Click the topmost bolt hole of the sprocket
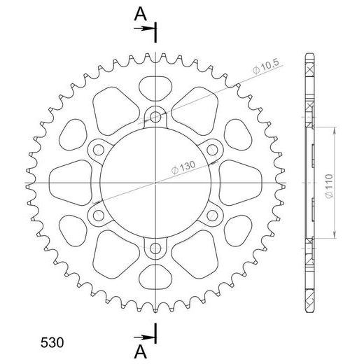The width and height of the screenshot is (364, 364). [155, 116]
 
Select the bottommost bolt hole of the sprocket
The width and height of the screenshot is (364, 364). [155, 248]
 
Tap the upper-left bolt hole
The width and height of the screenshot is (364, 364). [98, 148]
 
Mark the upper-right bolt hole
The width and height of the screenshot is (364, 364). [212, 148]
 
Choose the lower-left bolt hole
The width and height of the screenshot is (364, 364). [98, 214]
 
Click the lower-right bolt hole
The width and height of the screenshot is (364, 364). [212, 214]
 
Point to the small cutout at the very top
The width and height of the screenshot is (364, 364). [155, 88]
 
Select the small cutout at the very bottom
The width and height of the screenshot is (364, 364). [155, 275]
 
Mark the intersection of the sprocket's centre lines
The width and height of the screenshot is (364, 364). [155, 182]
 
